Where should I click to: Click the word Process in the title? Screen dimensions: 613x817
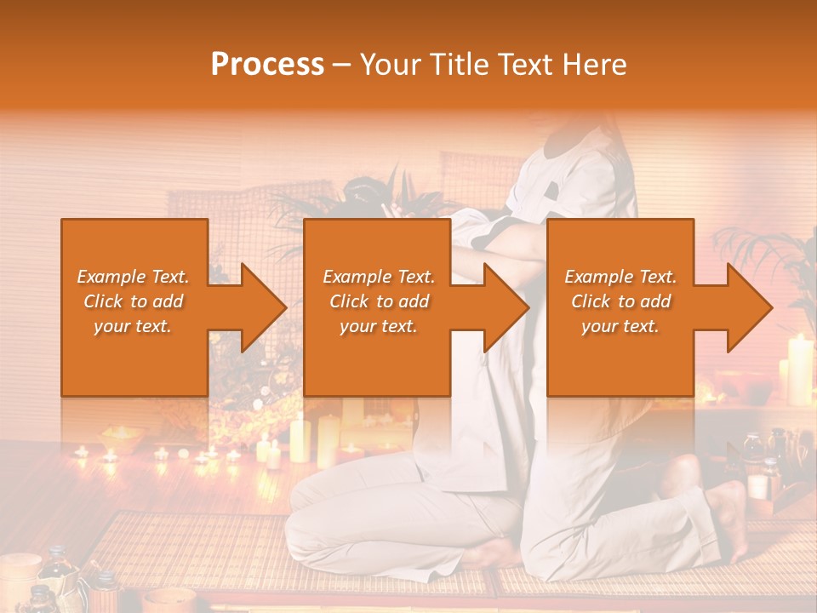(x=267, y=65)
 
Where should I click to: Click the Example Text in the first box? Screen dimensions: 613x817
(x=134, y=277)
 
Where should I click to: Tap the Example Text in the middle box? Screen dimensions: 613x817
(x=378, y=277)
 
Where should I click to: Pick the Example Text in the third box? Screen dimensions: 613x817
(x=620, y=277)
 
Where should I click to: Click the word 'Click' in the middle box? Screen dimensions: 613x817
(x=349, y=301)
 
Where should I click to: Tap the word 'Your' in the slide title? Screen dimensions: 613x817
(x=386, y=65)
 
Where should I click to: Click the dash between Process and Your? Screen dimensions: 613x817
(x=341, y=66)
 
